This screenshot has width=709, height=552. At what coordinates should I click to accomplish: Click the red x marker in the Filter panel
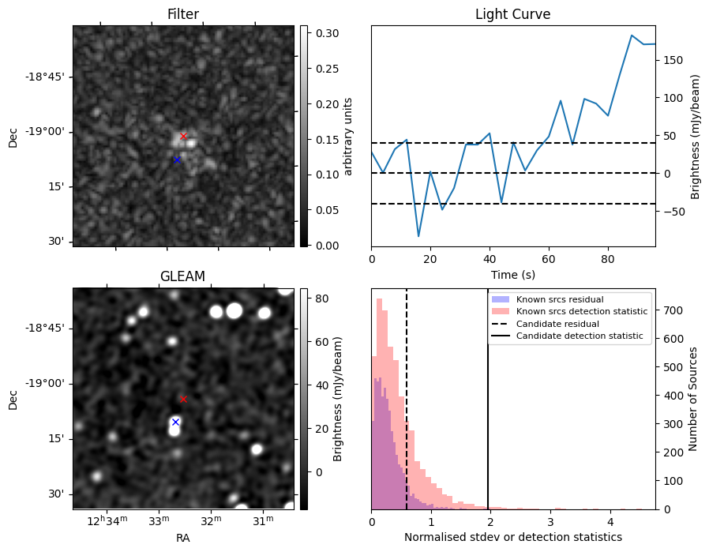tap(183, 136)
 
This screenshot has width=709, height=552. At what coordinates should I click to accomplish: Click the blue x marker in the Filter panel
tap(177, 160)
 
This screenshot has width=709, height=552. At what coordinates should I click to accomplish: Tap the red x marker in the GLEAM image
tap(183, 399)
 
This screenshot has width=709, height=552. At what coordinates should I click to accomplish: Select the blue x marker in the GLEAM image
tap(175, 422)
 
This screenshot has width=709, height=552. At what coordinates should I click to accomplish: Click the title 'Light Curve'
tap(512, 14)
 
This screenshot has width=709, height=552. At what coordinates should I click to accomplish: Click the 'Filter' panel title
tap(183, 14)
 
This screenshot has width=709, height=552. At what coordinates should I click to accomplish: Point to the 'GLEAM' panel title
tap(183, 276)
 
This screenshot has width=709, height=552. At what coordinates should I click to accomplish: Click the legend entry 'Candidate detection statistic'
tap(579, 336)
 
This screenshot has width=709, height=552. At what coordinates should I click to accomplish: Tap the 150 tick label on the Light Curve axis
tap(671, 60)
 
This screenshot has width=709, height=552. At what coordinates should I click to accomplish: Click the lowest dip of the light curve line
tap(418, 236)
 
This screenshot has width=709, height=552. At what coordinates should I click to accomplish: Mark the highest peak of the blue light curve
tap(632, 35)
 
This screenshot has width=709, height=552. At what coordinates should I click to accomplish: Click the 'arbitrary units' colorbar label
tap(348, 136)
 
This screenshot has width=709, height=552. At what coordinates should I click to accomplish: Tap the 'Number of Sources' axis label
tap(693, 399)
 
